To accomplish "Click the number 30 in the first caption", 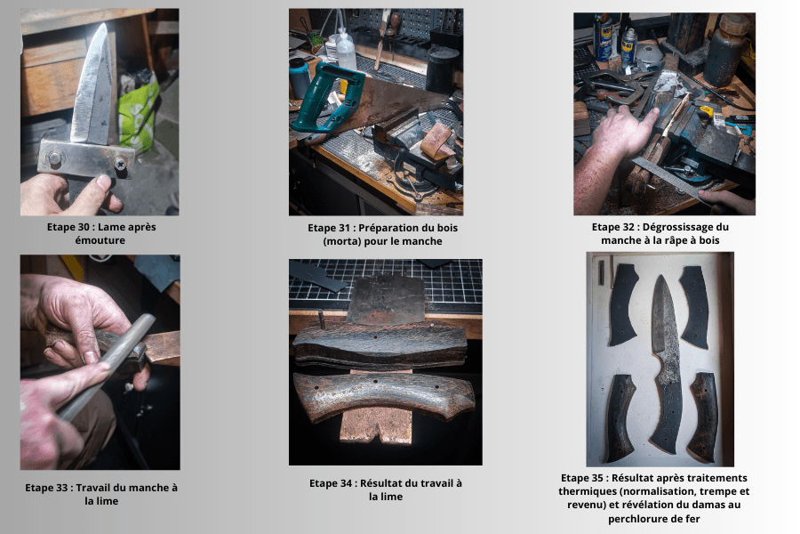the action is tap(84, 227).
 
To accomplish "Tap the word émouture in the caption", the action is tap(100, 240).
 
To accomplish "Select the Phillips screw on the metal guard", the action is tap(120, 164).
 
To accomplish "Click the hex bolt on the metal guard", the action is tap(53, 157).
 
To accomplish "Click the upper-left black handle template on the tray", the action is tap(622, 304).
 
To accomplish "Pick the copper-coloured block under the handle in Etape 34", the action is tap(375, 425).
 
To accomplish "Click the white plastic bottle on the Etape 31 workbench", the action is tap(346, 50).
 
